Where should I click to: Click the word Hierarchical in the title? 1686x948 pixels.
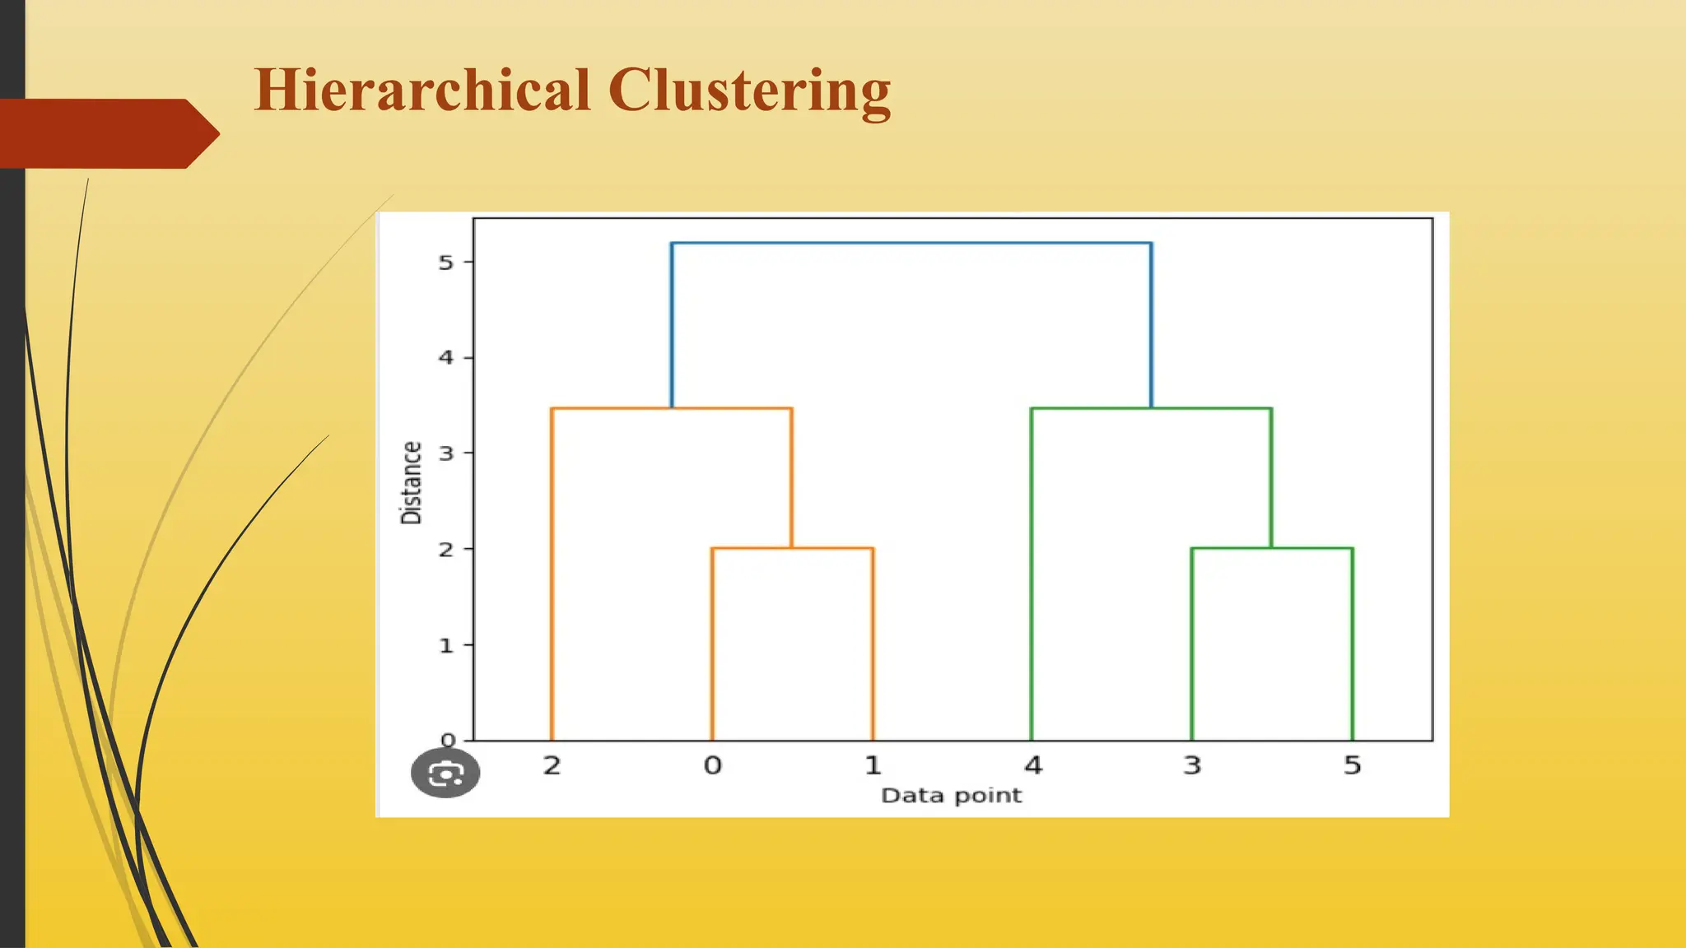422,90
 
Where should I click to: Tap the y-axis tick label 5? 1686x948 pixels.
445,263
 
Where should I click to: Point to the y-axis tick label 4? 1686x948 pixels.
445,357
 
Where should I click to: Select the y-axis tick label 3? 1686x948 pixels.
445,453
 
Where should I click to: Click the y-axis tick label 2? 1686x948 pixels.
445,549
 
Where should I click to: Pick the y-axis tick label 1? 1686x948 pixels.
445,645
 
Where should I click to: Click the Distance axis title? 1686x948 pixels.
411,483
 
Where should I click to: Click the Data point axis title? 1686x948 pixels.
951,795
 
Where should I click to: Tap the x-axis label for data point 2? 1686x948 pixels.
552,765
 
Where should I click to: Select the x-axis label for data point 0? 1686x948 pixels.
712,765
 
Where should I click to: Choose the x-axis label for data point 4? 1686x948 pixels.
1032,765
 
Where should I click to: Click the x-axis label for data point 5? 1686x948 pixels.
1352,765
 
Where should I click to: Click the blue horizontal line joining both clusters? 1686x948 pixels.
911,244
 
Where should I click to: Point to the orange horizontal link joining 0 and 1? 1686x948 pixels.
792,548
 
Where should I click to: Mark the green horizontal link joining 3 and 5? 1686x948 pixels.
1272,548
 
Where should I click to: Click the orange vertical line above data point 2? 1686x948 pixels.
552,576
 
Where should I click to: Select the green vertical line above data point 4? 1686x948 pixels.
1032,576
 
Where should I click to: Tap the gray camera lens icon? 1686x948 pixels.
445,773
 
